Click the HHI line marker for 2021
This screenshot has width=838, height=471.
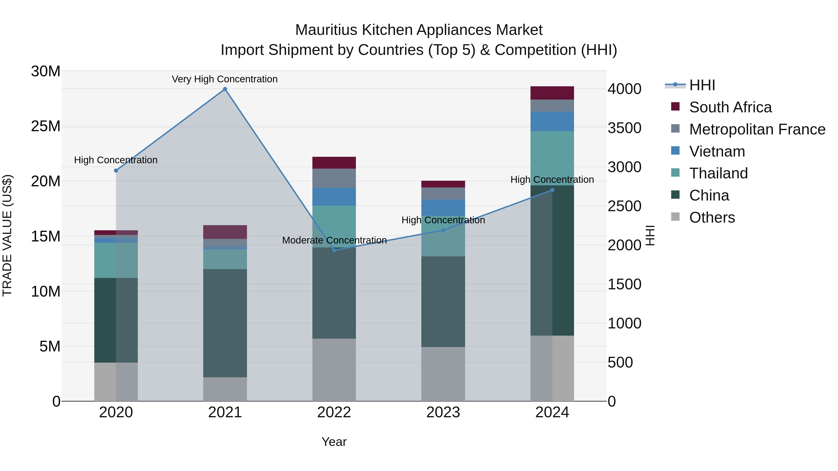point(225,89)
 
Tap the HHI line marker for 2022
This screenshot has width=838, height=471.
point(334,250)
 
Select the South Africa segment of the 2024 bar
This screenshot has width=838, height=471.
point(552,93)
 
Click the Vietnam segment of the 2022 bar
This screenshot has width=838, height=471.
point(334,197)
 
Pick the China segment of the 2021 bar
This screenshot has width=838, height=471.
point(225,323)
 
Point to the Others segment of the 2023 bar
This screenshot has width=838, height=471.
point(443,374)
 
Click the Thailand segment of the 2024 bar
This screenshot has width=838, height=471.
point(552,158)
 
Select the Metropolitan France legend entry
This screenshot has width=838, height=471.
point(757,129)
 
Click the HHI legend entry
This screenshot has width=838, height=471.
point(702,85)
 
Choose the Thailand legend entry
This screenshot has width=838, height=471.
point(718,173)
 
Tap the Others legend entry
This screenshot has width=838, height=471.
point(712,217)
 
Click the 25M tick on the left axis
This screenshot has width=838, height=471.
point(46,126)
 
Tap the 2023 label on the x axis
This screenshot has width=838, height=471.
point(443,412)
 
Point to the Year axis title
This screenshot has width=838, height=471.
point(334,442)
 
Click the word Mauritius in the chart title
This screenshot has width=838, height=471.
point(326,30)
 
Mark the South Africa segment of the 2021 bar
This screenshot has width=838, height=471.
point(225,232)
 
